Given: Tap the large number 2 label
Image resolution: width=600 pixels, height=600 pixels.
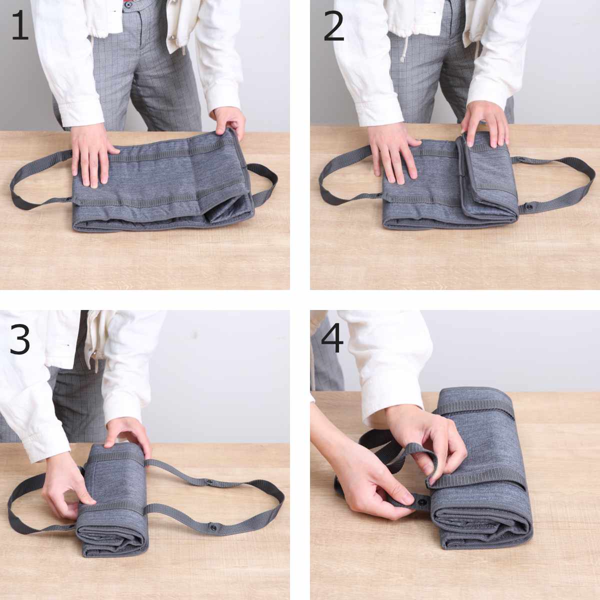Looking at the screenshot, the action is click(x=334, y=26).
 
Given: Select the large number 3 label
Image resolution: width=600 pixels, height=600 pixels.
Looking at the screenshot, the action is click(x=20, y=339).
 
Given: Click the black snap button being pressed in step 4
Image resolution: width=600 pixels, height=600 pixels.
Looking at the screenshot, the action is click(x=421, y=501).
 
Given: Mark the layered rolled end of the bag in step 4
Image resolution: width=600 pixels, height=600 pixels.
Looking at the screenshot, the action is click(x=482, y=526).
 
